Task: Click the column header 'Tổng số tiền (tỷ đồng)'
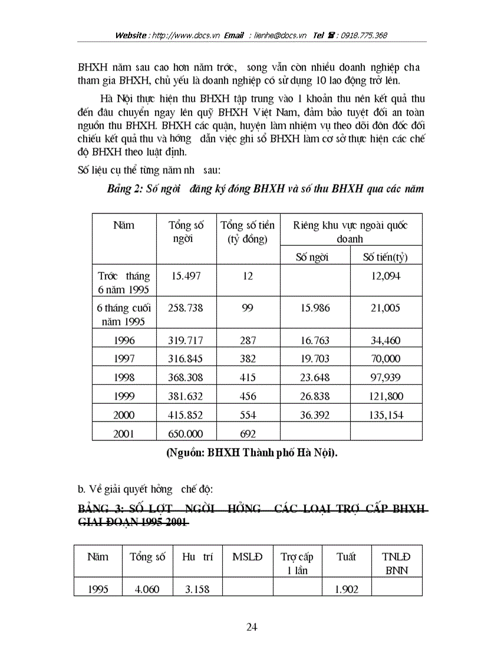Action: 248,232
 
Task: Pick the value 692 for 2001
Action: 248,434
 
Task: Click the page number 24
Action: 252,627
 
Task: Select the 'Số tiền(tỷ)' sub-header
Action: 385,256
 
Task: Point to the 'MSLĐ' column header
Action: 248,556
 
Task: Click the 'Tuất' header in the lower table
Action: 346,556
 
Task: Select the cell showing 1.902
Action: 346,588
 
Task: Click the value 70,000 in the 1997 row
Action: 385,358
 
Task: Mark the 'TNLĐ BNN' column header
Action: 396,563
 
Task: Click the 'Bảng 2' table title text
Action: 265,189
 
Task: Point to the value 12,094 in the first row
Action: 385,276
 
